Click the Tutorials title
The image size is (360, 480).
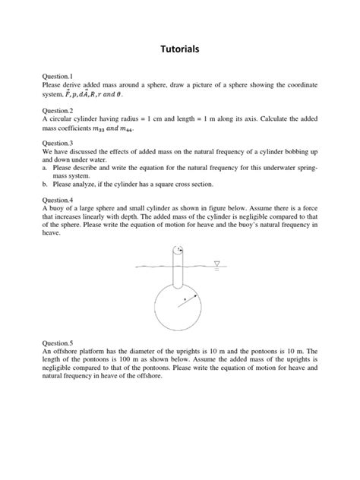pos(180,49)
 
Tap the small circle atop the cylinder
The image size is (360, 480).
pos(178,249)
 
